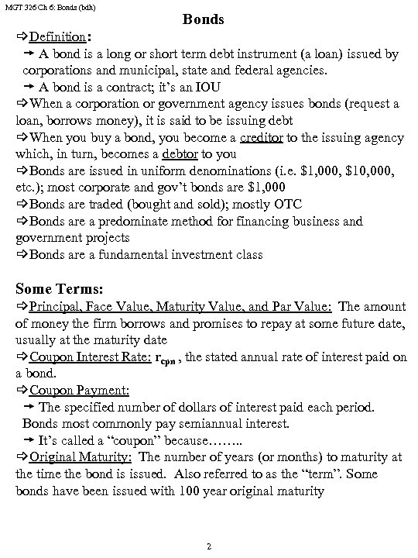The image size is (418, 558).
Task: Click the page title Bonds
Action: click(x=204, y=19)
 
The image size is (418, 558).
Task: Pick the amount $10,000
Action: click(x=366, y=170)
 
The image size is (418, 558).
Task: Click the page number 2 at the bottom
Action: click(x=209, y=546)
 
